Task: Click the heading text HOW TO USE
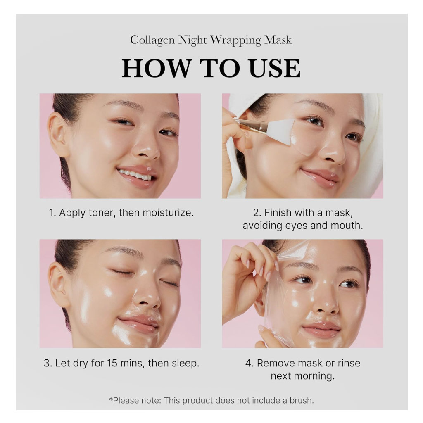(x=211, y=68)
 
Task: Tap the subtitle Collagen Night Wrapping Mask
(x=211, y=40)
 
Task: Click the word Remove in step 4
(x=275, y=364)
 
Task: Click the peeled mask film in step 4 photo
(x=275, y=306)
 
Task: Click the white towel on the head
(x=368, y=136)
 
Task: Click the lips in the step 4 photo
(x=321, y=329)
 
